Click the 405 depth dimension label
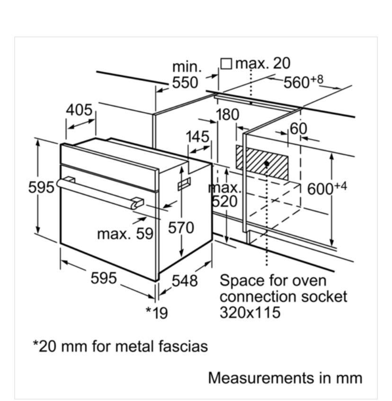pyautogui.click(x=79, y=110)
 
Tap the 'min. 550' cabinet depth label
pyautogui.click(x=185, y=75)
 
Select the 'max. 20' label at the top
pyautogui.click(x=263, y=63)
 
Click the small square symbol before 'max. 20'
pyautogui.click(x=227, y=63)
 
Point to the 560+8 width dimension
pyautogui.click(x=303, y=81)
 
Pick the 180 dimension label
pyautogui.click(x=228, y=114)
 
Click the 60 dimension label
pyautogui.click(x=298, y=128)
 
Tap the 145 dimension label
pyautogui.click(x=197, y=137)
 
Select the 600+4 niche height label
pyautogui.click(x=327, y=188)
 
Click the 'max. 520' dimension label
pyautogui.click(x=225, y=194)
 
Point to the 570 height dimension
pyautogui.click(x=181, y=227)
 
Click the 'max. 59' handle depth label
pyautogui.click(x=125, y=233)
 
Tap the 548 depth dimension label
pyautogui.click(x=184, y=281)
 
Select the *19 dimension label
pyautogui.click(x=157, y=313)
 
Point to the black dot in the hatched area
pyautogui.click(x=267, y=163)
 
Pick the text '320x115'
pyautogui.click(x=250, y=312)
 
